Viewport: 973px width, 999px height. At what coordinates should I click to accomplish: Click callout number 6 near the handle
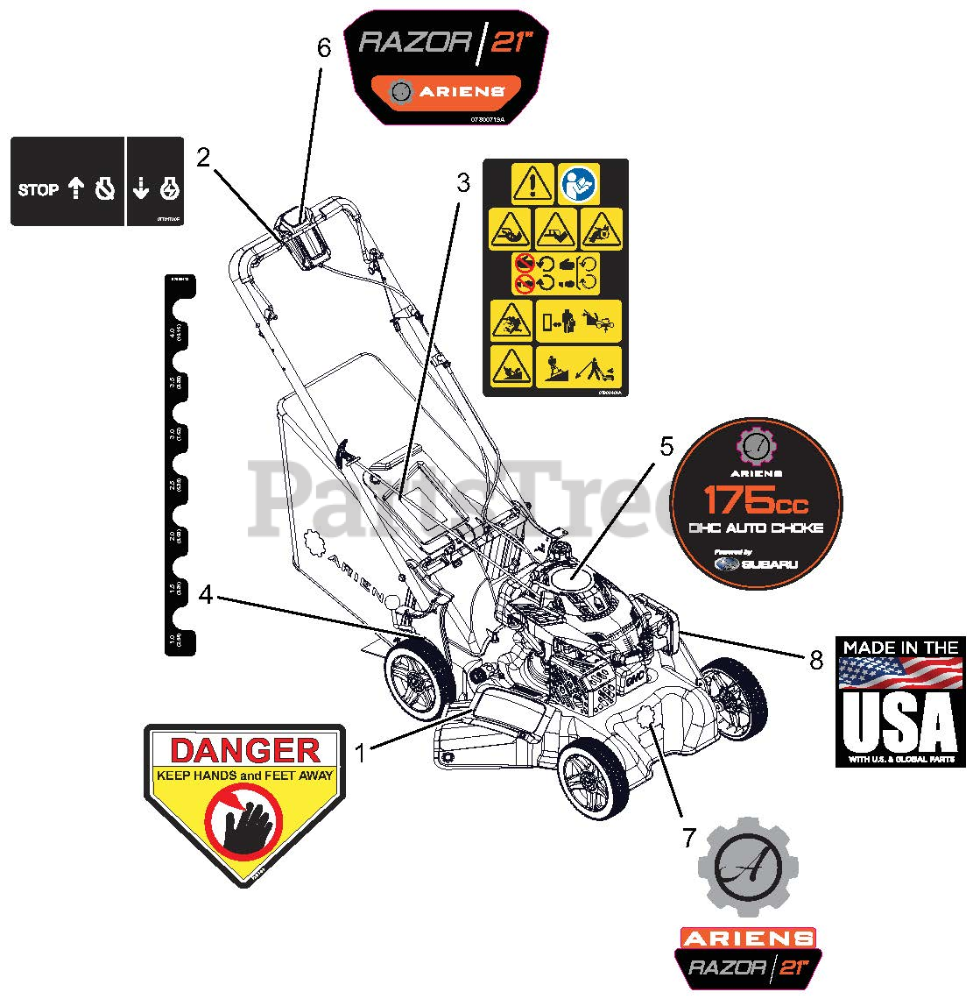tap(324, 48)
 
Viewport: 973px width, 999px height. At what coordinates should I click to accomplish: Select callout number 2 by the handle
tap(203, 158)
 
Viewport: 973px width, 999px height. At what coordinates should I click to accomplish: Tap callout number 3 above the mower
tap(463, 183)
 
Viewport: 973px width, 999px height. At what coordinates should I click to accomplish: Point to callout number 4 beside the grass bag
tap(206, 595)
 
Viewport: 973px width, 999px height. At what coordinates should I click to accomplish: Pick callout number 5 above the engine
tap(666, 446)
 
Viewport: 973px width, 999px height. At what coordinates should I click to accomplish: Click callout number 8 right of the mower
tap(816, 660)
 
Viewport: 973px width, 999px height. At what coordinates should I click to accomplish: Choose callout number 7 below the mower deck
tap(688, 839)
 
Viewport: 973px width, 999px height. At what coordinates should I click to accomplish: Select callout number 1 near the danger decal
tap(359, 752)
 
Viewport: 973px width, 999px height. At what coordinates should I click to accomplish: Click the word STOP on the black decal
tap(39, 189)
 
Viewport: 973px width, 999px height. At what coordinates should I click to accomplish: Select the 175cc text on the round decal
tap(757, 501)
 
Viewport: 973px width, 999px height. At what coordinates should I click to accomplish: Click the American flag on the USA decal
tap(899, 673)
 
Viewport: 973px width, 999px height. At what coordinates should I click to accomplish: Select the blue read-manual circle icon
tap(579, 183)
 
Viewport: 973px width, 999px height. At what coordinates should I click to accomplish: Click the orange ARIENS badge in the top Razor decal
tap(446, 89)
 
